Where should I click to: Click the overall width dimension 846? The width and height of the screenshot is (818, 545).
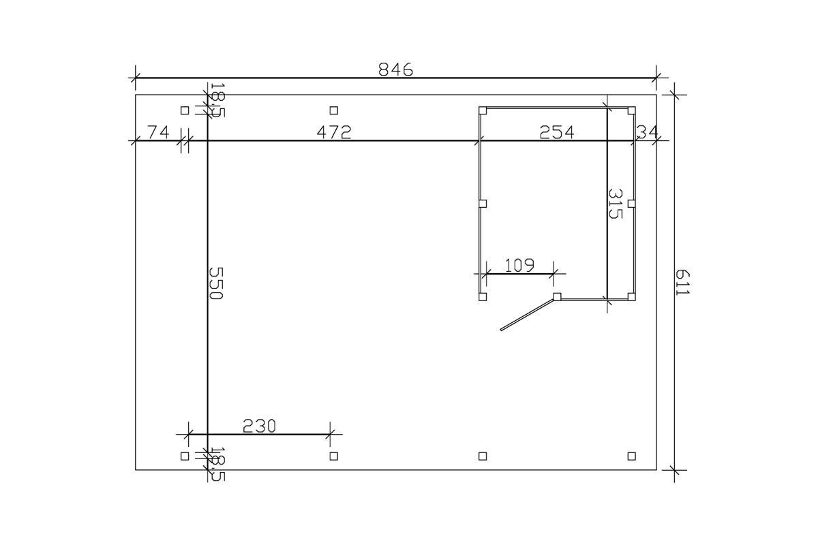click(x=395, y=69)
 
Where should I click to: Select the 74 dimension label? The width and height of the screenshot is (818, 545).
click(x=158, y=132)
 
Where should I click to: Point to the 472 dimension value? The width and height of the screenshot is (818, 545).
click(x=334, y=132)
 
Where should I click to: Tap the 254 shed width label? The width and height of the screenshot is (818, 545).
click(x=557, y=132)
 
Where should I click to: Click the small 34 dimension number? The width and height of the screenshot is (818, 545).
click(x=647, y=132)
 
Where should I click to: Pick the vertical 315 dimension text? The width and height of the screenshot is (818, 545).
click(x=615, y=204)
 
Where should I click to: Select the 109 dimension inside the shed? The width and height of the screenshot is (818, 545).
click(x=519, y=264)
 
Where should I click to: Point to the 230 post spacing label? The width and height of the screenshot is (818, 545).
click(x=259, y=426)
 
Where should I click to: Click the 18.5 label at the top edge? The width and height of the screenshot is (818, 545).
click(x=216, y=100)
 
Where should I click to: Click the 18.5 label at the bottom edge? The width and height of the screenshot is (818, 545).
click(x=217, y=464)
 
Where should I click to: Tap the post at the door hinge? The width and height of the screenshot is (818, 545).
click(x=557, y=296)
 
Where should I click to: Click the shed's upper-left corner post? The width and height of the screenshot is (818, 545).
click(x=483, y=110)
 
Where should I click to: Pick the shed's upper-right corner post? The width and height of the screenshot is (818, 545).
click(x=632, y=110)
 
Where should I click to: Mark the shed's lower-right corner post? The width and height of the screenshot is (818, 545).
click(x=632, y=296)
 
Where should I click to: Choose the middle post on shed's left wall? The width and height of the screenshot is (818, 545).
click(x=483, y=204)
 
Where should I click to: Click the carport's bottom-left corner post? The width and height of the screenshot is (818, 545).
click(x=184, y=455)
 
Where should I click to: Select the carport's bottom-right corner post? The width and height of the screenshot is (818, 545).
click(x=632, y=455)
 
